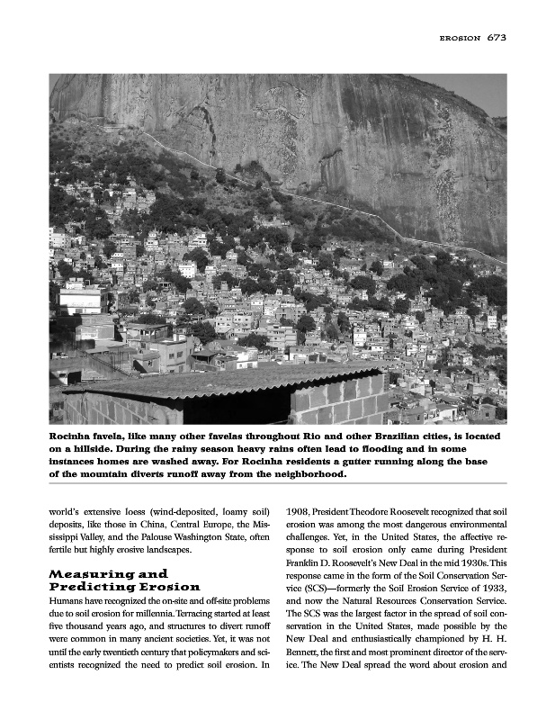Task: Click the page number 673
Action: click(497, 38)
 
